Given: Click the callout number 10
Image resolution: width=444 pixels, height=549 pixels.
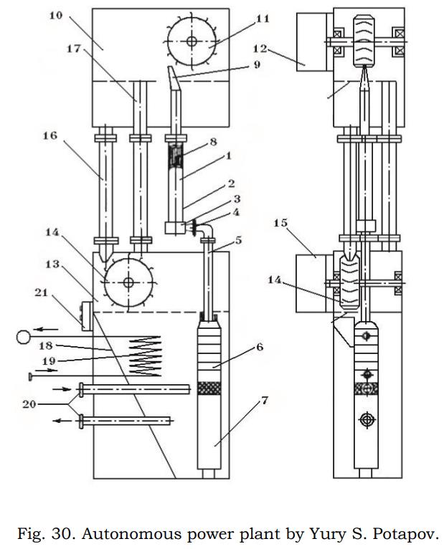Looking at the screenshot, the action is tap(55, 16).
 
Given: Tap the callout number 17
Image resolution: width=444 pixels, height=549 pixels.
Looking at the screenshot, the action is tap(74, 49).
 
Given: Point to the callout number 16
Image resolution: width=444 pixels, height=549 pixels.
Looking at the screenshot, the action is tap(50, 135).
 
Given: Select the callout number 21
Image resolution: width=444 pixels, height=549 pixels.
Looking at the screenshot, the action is tap(42, 292).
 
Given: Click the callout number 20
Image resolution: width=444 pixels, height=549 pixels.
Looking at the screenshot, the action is tap(29, 404).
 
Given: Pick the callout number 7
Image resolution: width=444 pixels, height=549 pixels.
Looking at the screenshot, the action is tap(264, 400).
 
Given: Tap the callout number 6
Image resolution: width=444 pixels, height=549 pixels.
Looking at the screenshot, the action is tap(260, 347).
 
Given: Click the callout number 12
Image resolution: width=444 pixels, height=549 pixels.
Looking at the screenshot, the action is tap(260, 49).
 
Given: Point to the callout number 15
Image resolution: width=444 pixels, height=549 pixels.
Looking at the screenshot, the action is tap(280, 223).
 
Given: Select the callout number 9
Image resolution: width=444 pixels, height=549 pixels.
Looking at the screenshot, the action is tap(257, 65).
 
